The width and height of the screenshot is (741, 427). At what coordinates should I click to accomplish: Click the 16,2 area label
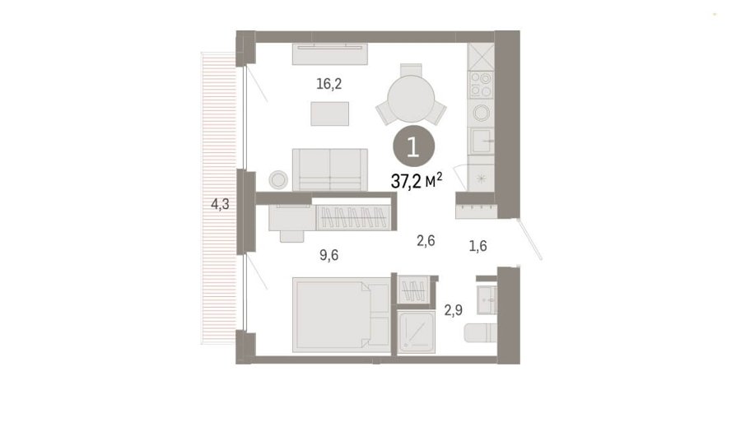tap(329, 84)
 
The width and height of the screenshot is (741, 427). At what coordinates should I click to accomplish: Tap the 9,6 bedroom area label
tap(329, 256)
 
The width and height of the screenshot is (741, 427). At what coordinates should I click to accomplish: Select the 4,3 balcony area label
tap(220, 204)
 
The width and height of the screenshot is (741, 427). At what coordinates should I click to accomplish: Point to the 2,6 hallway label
tap(426, 241)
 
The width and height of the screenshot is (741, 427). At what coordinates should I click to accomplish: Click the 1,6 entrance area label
tap(478, 246)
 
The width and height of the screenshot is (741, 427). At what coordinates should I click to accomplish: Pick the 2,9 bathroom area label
tap(453, 310)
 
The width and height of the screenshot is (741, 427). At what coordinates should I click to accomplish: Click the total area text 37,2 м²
tap(417, 180)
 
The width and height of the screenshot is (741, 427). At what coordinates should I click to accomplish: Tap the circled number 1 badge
tap(413, 147)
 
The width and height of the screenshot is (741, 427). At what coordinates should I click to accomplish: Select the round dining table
tap(411, 99)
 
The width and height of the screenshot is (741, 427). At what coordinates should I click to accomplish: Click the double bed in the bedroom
tap(341, 314)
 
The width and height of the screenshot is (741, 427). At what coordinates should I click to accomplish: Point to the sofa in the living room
tap(330, 169)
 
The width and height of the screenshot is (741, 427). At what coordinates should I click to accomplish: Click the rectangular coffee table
tap(330, 114)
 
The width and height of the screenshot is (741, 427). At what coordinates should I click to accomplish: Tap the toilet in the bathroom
tap(481, 332)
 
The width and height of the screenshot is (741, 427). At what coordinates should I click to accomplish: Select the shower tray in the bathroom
tap(416, 332)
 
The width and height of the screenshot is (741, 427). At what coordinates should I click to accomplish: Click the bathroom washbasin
tap(487, 299)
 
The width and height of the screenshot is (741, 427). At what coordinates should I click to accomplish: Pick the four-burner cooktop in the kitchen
tap(481, 85)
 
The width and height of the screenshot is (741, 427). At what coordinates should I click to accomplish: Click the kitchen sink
tap(481, 141)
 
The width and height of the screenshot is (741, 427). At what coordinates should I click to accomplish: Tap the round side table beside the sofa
tap(278, 180)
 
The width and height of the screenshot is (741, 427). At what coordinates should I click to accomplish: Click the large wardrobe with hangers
tap(353, 218)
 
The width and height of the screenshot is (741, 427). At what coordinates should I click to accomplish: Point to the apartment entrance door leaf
tap(529, 239)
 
